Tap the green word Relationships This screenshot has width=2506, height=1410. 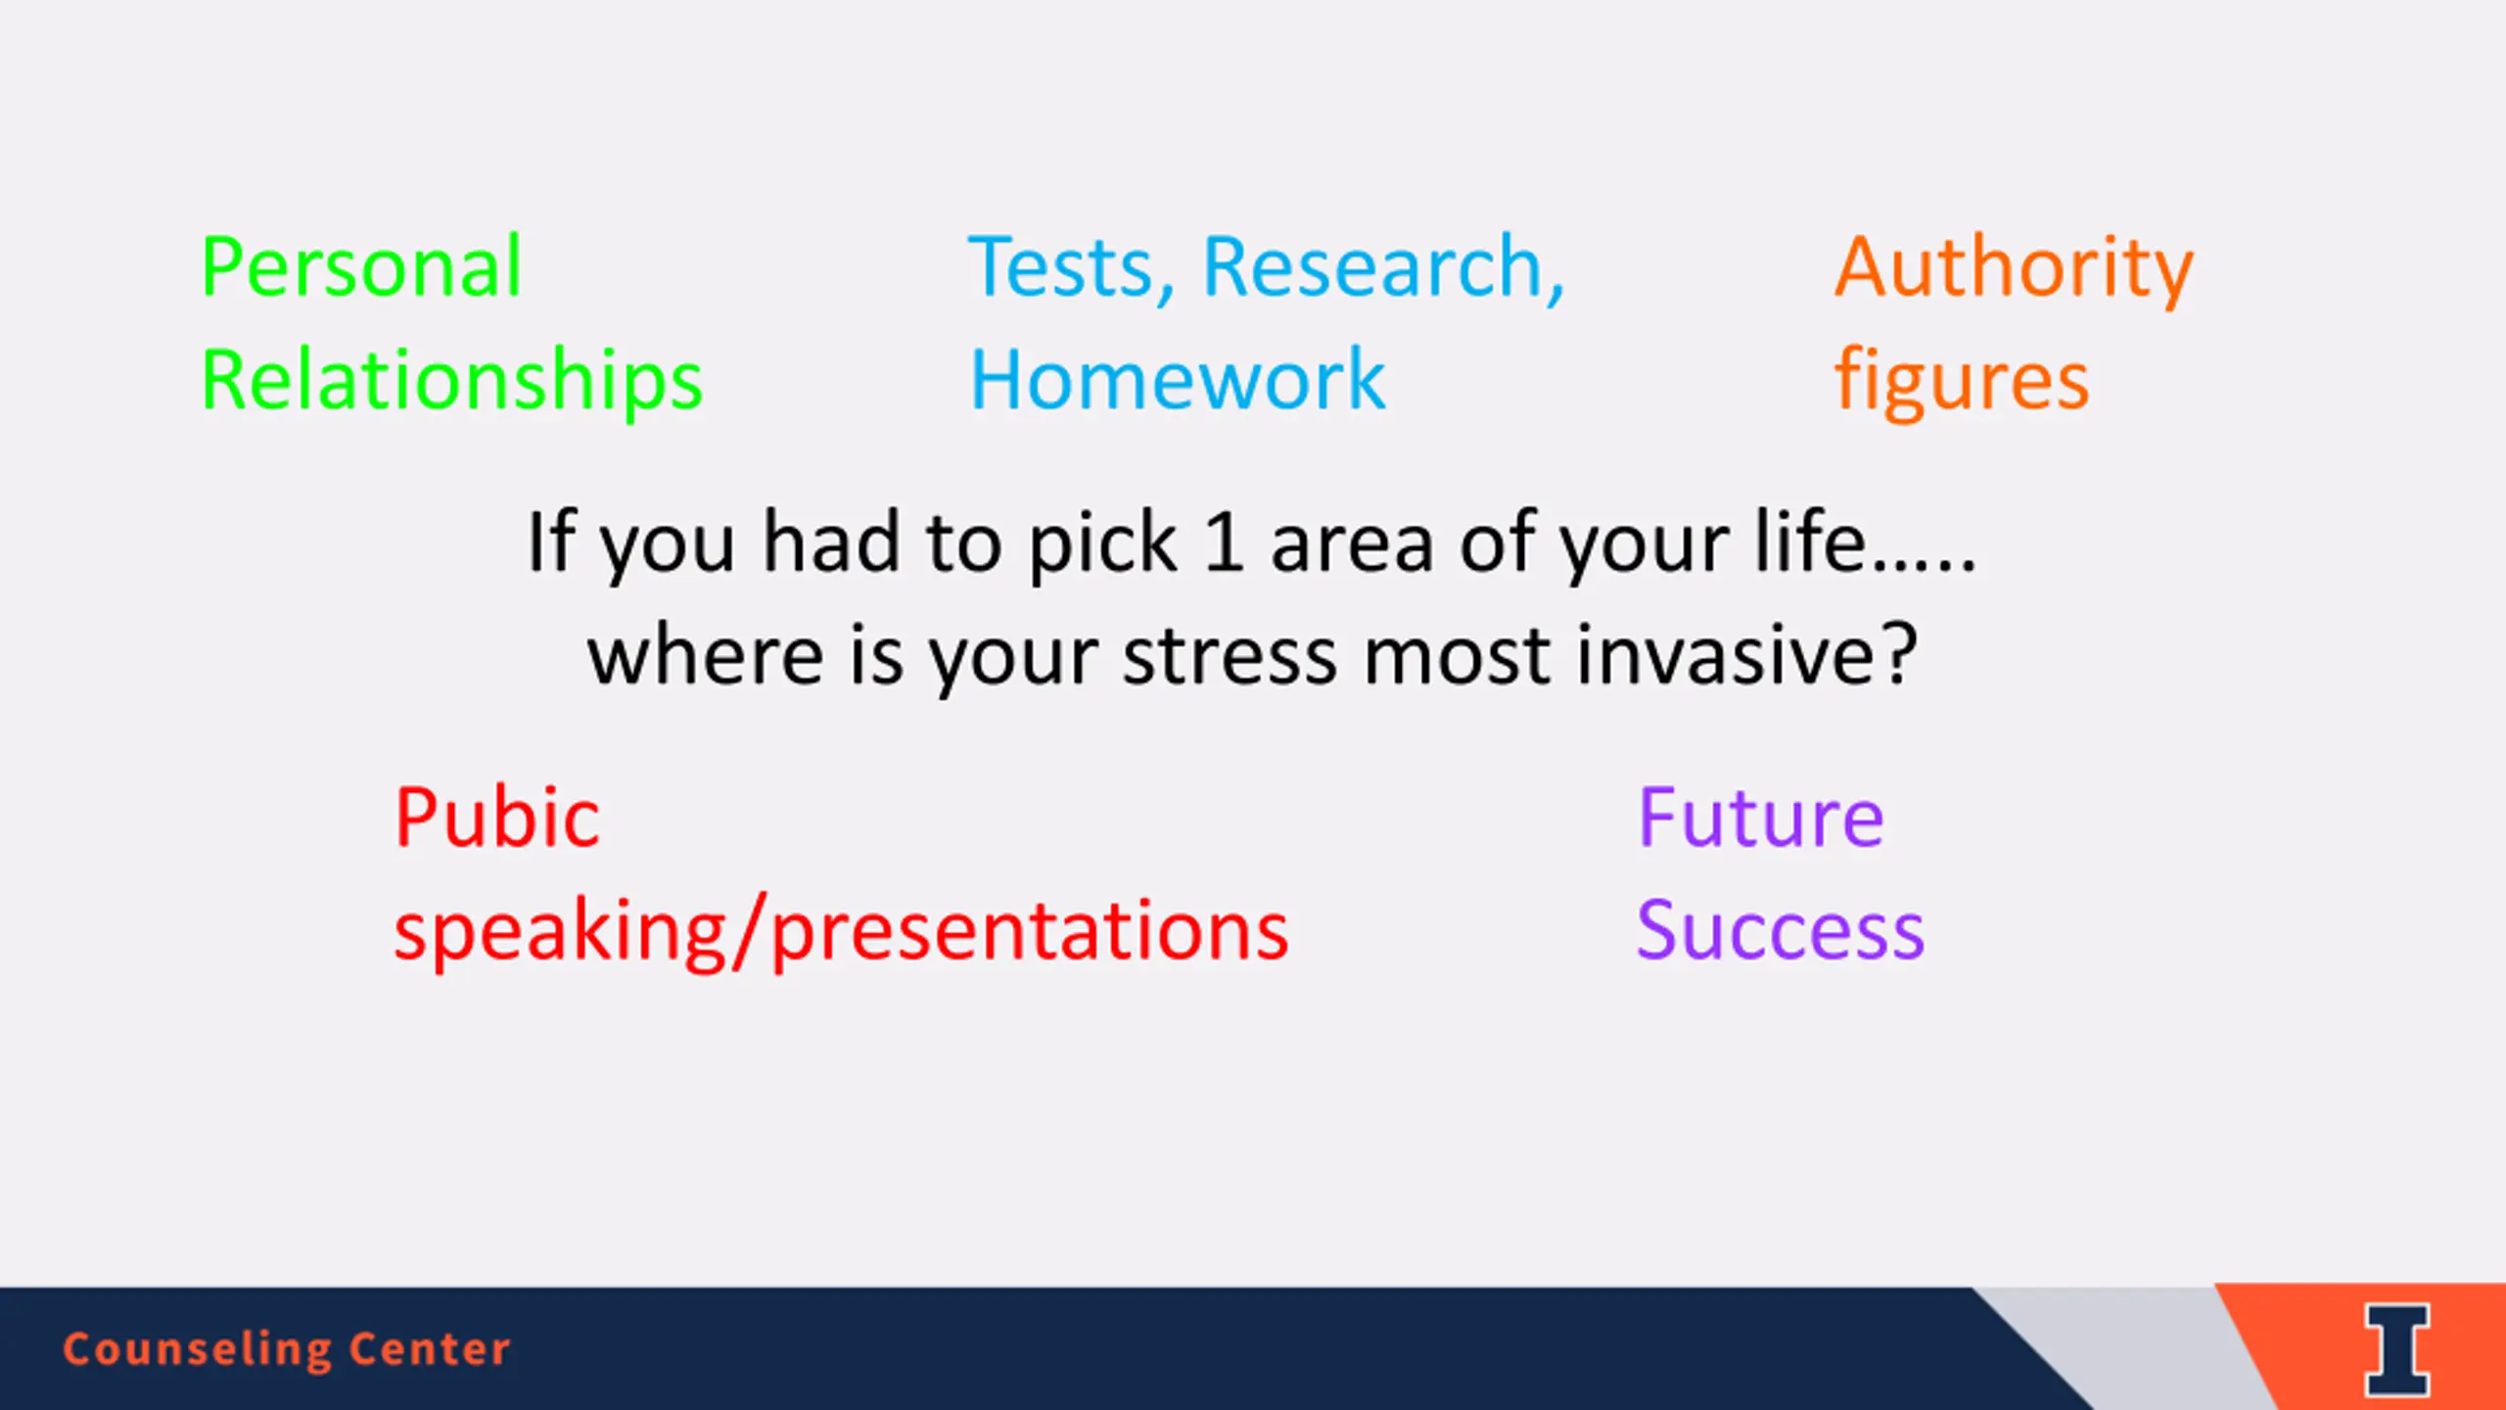[x=452, y=382]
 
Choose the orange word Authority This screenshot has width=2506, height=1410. [x=2014, y=270]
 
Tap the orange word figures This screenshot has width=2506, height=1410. [x=1962, y=382]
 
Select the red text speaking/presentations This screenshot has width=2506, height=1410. [x=842, y=932]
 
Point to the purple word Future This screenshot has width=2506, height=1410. [x=1761, y=819]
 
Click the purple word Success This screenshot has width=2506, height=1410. [x=1781, y=930]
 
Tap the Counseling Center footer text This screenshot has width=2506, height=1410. [x=287, y=1349]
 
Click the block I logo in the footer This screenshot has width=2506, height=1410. [x=2397, y=1349]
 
